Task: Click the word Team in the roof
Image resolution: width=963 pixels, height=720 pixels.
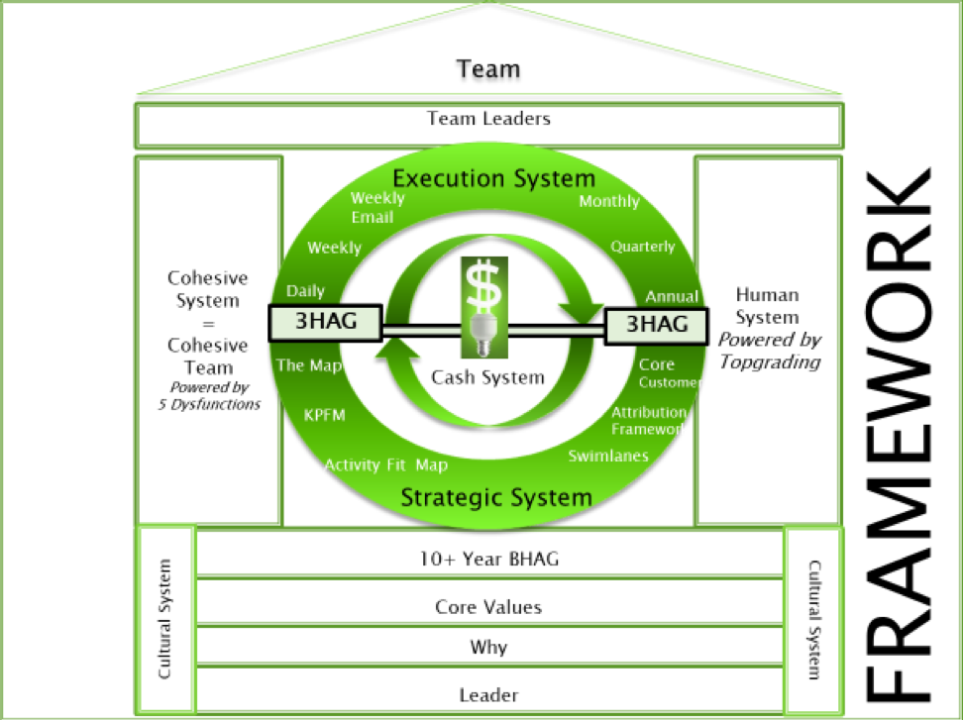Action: tap(487, 69)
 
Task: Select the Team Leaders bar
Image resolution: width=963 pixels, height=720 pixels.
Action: tap(488, 120)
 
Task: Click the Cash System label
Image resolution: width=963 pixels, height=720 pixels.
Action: tap(487, 377)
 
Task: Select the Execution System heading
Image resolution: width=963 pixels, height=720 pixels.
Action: tap(494, 178)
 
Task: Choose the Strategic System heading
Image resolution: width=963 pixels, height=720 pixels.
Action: tap(496, 496)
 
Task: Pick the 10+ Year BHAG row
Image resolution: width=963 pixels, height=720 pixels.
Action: tap(489, 560)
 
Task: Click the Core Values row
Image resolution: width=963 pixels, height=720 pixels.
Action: tap(489, 607)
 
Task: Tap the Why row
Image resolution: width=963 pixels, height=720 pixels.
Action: tap(489, 648)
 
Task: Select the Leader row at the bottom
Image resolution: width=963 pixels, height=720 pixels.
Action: tap(489, 694)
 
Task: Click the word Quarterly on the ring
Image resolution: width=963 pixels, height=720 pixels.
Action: tap(642, 247)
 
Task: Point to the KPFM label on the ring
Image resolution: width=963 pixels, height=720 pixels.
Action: tap(325, 415)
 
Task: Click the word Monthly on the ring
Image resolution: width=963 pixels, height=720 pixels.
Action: tap(609, 201)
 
